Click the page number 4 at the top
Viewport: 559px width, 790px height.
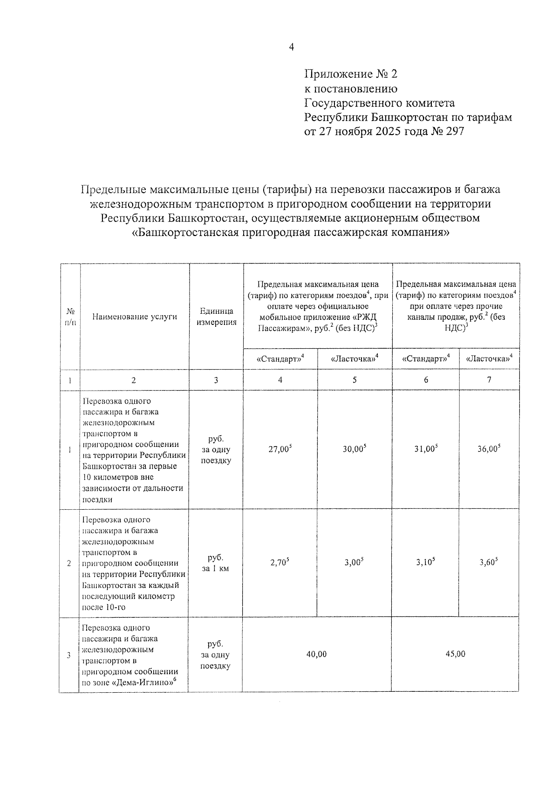(292, 47)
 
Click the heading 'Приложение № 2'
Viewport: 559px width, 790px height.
(351, 74)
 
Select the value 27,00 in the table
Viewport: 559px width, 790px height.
(279, 450)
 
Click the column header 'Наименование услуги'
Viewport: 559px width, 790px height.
(135, 317)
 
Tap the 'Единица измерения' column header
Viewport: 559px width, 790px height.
(216, 317)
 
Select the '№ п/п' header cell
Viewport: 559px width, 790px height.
(70, 317)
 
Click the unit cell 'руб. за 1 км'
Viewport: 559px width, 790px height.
(216, 563)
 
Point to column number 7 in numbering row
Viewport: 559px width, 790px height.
(489, 380)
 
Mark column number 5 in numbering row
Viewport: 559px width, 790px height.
(354, 380)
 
